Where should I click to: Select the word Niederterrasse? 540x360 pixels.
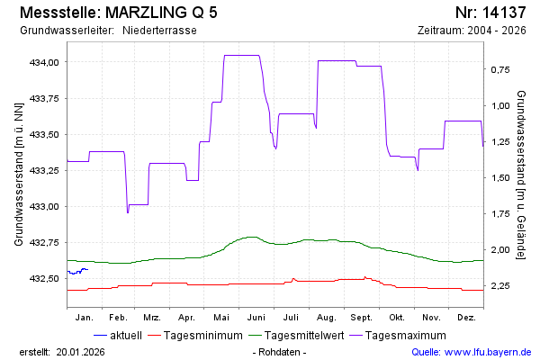[159, 31]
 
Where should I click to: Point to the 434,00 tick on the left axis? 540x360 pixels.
[45, 62]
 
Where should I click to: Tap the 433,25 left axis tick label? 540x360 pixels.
[45, 170]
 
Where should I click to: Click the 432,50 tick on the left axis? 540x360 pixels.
[45, 278]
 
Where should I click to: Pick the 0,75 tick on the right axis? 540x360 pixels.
[500, 69]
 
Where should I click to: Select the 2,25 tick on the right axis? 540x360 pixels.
[500, 285]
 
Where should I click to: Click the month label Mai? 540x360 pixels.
[222, 318]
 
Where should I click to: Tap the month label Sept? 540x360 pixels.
[362, 318]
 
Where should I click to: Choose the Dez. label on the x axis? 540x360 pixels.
[466, 318]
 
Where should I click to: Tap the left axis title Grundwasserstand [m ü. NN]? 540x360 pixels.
[18, 175]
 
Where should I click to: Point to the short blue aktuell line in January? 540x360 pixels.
[77, 271]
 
